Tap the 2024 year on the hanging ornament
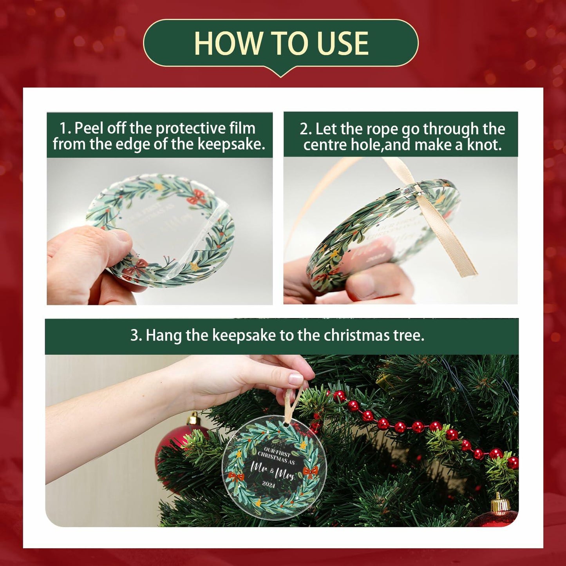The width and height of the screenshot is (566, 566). click(269, 485)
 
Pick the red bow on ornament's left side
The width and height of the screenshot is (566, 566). click(236, 477)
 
